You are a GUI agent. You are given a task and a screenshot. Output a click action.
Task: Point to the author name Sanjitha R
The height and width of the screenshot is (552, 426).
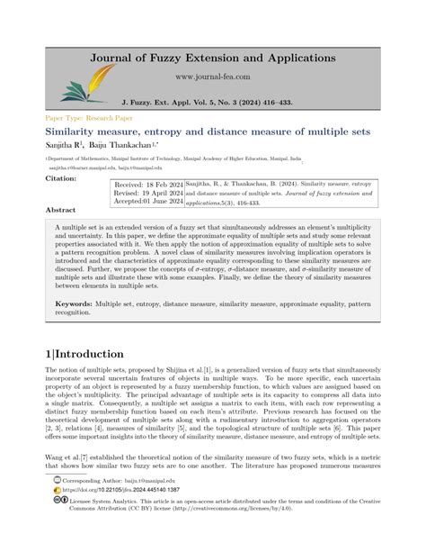61,145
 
